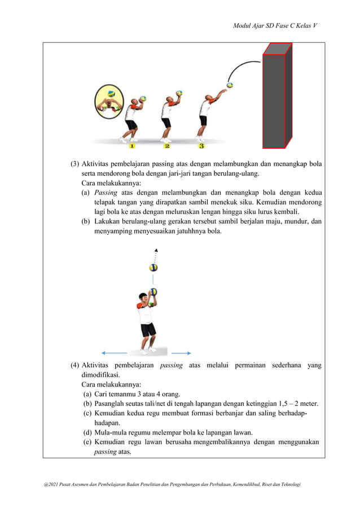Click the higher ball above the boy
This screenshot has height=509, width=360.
point(153,267)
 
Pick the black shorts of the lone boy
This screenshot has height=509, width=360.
point(148,330)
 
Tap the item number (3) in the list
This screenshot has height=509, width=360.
point(74,164)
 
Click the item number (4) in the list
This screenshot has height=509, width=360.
point(74,365)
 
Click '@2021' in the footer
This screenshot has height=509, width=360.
point(44,485)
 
